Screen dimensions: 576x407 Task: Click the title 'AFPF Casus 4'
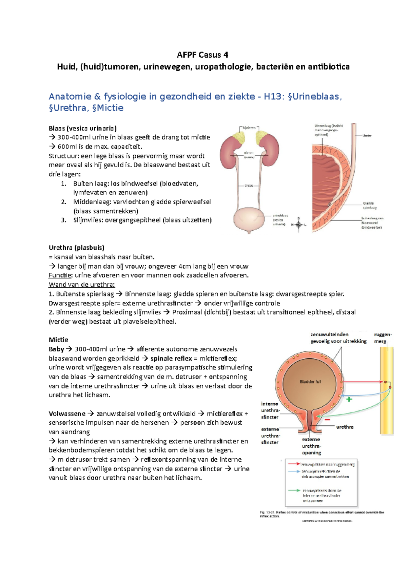click(203, 55)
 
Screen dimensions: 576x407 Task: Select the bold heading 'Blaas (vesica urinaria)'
click(83, 128)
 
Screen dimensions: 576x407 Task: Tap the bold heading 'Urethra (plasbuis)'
click(76, 248)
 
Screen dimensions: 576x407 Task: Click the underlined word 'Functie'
click(60, 275)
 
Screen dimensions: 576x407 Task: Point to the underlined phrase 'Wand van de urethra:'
click(82, 284)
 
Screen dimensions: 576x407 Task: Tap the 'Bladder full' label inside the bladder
click(310, 382)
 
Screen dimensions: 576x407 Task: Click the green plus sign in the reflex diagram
click(349, 399)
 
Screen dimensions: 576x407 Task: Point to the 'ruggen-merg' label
click(383, 338)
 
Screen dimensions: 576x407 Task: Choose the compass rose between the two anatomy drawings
click(299, 224)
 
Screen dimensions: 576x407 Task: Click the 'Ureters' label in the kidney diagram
click(249, 186)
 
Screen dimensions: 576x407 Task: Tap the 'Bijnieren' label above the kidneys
click(249, 128)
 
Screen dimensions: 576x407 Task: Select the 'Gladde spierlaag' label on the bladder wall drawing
click(369, 205)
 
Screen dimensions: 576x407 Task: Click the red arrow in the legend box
click(294, 464)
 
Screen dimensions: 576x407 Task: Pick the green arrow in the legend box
click(294, 490)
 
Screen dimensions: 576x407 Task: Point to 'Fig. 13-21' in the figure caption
click(267, 512)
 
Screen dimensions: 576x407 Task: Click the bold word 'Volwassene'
click(67, 414)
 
